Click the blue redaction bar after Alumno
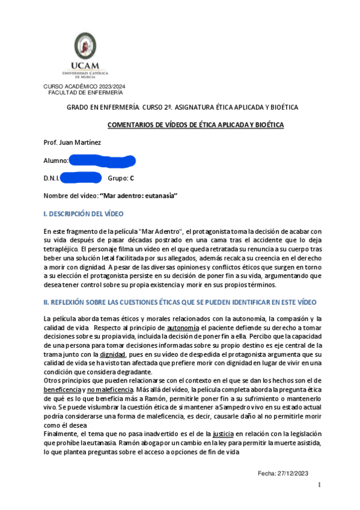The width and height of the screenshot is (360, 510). coord(102,161)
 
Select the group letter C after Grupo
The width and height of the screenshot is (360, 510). coord(132,179)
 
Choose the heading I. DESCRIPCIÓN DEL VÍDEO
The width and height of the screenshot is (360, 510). coord(84,214)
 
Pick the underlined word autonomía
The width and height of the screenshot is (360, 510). coord(182,327)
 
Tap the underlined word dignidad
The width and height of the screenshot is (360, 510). coord(113,355)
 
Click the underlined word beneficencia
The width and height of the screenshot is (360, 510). coord(63,390)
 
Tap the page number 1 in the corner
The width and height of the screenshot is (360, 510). coord(320,485)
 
